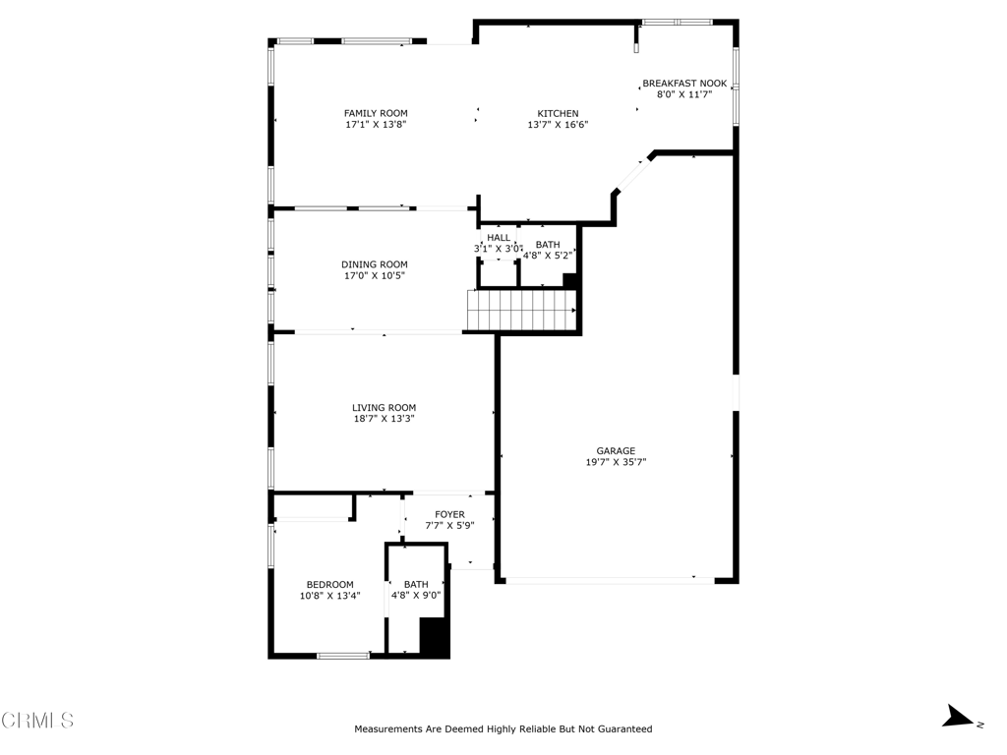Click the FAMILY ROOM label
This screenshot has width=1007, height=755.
[376, 114]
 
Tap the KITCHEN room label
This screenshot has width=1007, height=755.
[559, 114]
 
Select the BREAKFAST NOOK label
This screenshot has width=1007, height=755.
[684, 84]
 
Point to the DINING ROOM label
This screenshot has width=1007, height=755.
[375, 264]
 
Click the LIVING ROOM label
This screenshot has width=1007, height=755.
[385, 408]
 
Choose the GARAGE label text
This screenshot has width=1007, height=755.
[616, 451]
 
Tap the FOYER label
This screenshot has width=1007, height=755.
[449, 515]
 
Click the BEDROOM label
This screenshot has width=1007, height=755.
[330, 585]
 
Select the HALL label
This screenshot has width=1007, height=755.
[499, 238]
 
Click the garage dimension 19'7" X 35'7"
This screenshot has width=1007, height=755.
[616, 462]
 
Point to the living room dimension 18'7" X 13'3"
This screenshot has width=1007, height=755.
[385, 419]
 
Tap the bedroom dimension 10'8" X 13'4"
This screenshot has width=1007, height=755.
[330, 596]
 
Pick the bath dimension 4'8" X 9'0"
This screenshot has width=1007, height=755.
[416, 596]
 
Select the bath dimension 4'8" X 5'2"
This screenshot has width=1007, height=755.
[548, 256]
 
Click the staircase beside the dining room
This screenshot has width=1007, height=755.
[521, 311]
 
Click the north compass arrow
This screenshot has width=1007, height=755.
[958, 717]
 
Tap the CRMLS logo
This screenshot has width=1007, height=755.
[37, 721]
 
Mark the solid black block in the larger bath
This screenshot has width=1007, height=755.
[434, 637]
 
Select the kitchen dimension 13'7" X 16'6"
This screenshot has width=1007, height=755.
[559, 125]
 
